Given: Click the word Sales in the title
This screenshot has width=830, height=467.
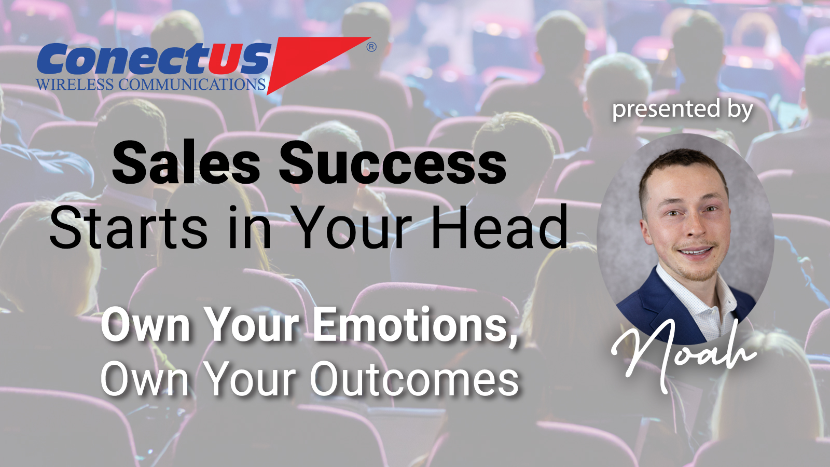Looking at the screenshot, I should [x=186, y=163].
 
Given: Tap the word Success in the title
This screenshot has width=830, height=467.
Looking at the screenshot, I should [x=392, y=163].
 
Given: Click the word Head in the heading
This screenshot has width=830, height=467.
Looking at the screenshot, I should [x=500, y=227].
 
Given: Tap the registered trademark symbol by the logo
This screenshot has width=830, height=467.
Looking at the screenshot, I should [x=371, y=47].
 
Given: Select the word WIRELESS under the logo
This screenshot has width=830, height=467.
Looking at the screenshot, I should [x=75, y=85].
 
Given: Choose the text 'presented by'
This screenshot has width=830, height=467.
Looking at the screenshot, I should [x=682, y=109].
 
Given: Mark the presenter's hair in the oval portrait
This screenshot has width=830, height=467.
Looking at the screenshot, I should [x=680, y=163].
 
